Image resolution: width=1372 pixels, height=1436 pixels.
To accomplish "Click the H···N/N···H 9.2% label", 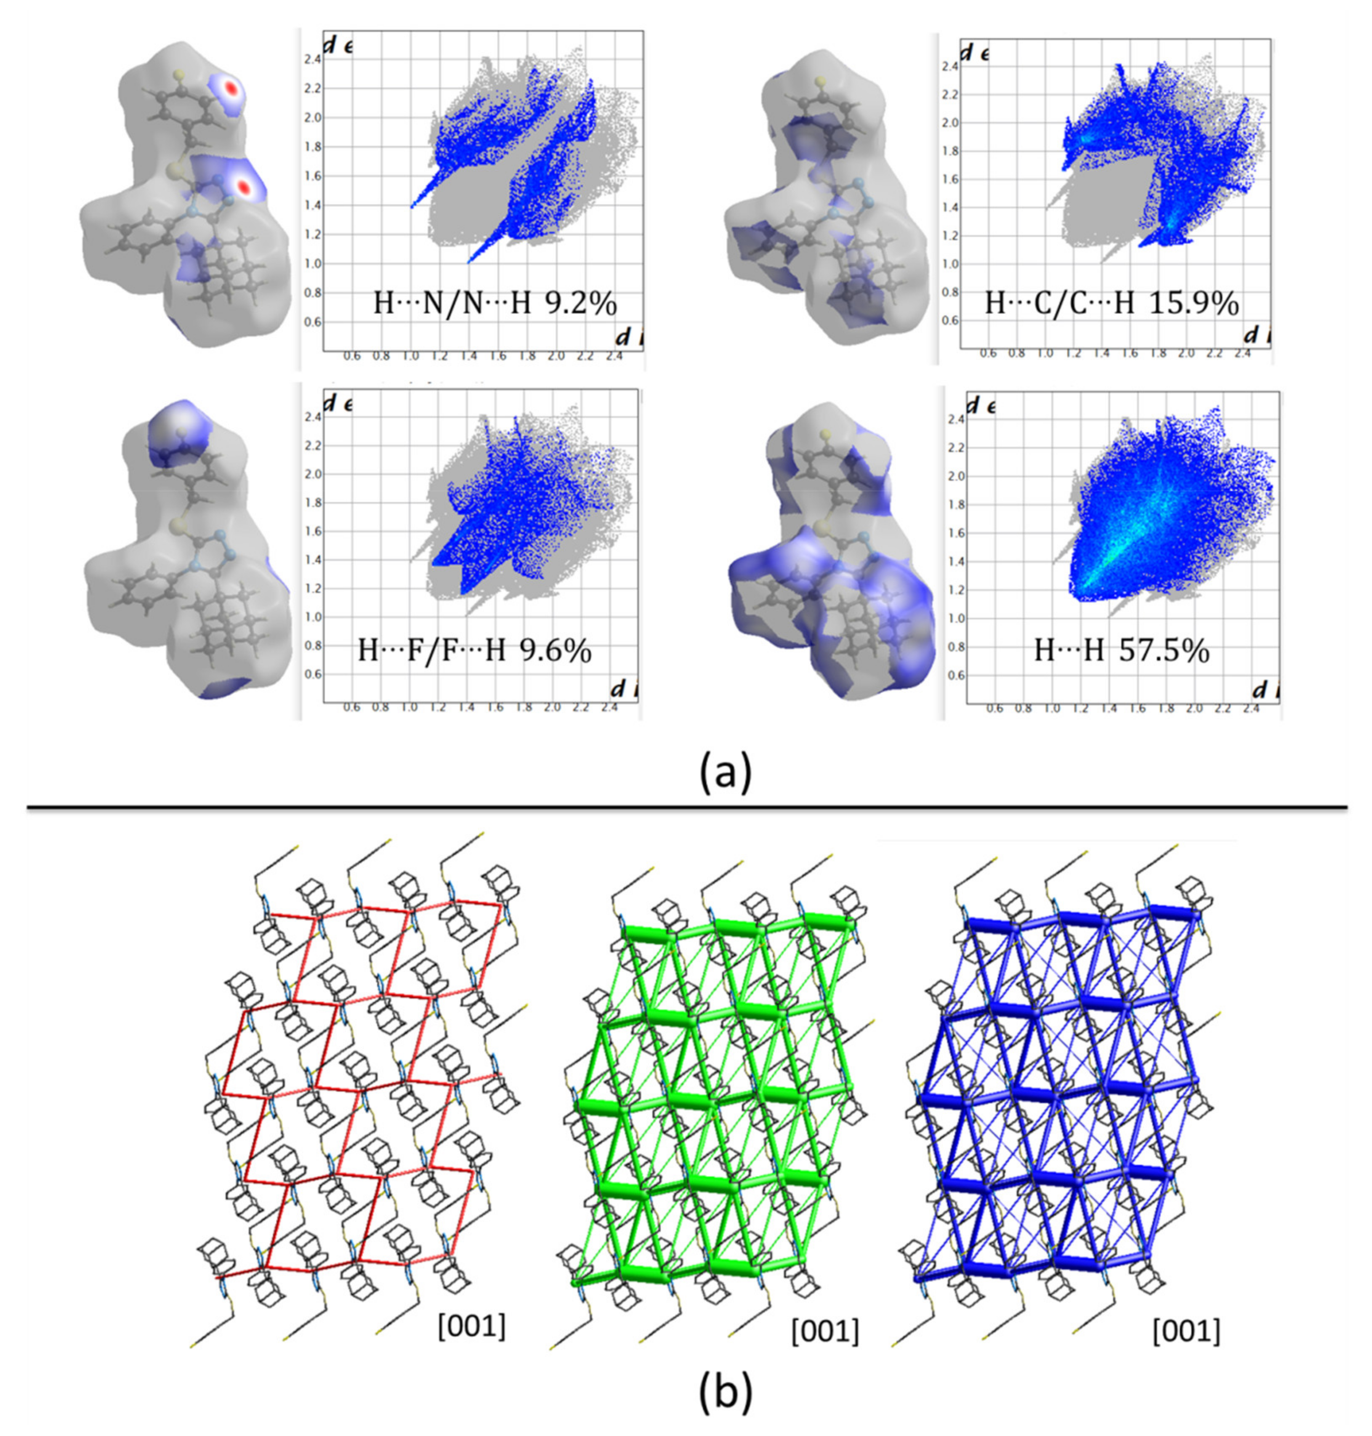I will tap(495, 302).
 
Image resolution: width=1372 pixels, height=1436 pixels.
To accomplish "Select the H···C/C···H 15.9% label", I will tap(1111, 302).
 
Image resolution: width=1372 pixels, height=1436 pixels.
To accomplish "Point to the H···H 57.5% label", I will tap(1121, 649).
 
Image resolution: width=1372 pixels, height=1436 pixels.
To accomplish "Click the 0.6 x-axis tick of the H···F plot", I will tap(352, 707).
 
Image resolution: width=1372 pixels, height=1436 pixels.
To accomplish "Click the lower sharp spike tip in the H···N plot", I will tap(469, 261).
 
